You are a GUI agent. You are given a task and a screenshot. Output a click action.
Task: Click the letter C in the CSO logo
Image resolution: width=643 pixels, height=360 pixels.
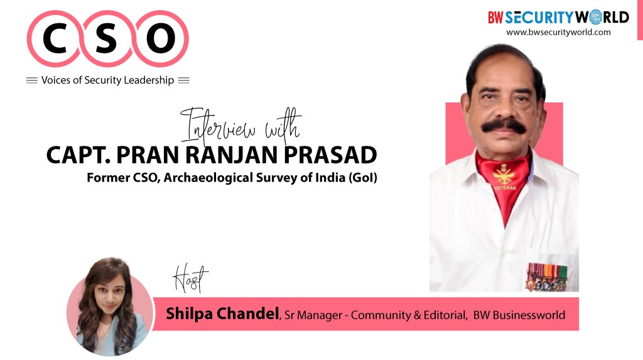pos(55,38)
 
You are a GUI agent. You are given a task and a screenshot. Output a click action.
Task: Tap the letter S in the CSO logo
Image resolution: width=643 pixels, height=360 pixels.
pos(106,38)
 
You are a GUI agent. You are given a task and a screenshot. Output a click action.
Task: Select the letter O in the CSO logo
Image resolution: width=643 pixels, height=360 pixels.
pos(161,38)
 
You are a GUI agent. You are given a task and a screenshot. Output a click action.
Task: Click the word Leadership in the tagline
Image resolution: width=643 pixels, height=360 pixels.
pos(149,80)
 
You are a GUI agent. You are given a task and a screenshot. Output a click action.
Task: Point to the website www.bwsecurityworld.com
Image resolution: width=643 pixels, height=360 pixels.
pos(558,32)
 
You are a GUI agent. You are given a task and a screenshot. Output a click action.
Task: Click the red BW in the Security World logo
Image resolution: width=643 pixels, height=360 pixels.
pos(495,18)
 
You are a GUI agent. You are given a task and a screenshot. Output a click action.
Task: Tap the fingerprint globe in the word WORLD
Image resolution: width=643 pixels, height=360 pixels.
pos(596,17)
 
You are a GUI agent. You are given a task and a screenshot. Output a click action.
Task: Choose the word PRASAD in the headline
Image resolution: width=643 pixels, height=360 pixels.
pos(330,155)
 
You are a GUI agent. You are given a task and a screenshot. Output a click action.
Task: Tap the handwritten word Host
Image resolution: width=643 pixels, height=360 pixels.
pos(190,278)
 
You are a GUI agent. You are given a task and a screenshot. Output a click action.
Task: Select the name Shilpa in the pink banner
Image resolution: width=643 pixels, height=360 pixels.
pos(189,314)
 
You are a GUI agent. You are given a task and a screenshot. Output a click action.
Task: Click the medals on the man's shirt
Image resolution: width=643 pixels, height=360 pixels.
pos(546,277)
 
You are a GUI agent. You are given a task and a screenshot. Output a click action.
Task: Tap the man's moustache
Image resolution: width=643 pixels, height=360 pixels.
pos(504,125)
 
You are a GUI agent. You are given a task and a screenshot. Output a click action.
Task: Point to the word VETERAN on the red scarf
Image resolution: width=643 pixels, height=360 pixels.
pos(505,188)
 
